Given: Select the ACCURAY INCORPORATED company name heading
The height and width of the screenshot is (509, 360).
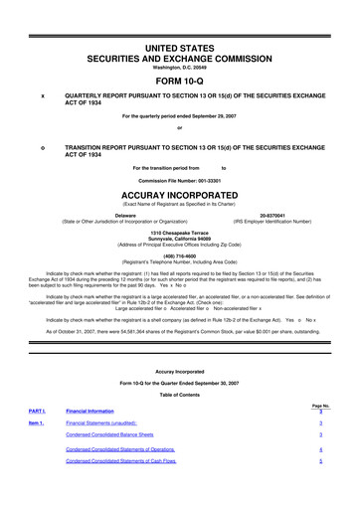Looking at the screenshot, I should click(180, 195).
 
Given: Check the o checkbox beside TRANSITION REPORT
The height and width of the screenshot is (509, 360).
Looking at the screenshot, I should click(41, 145).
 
